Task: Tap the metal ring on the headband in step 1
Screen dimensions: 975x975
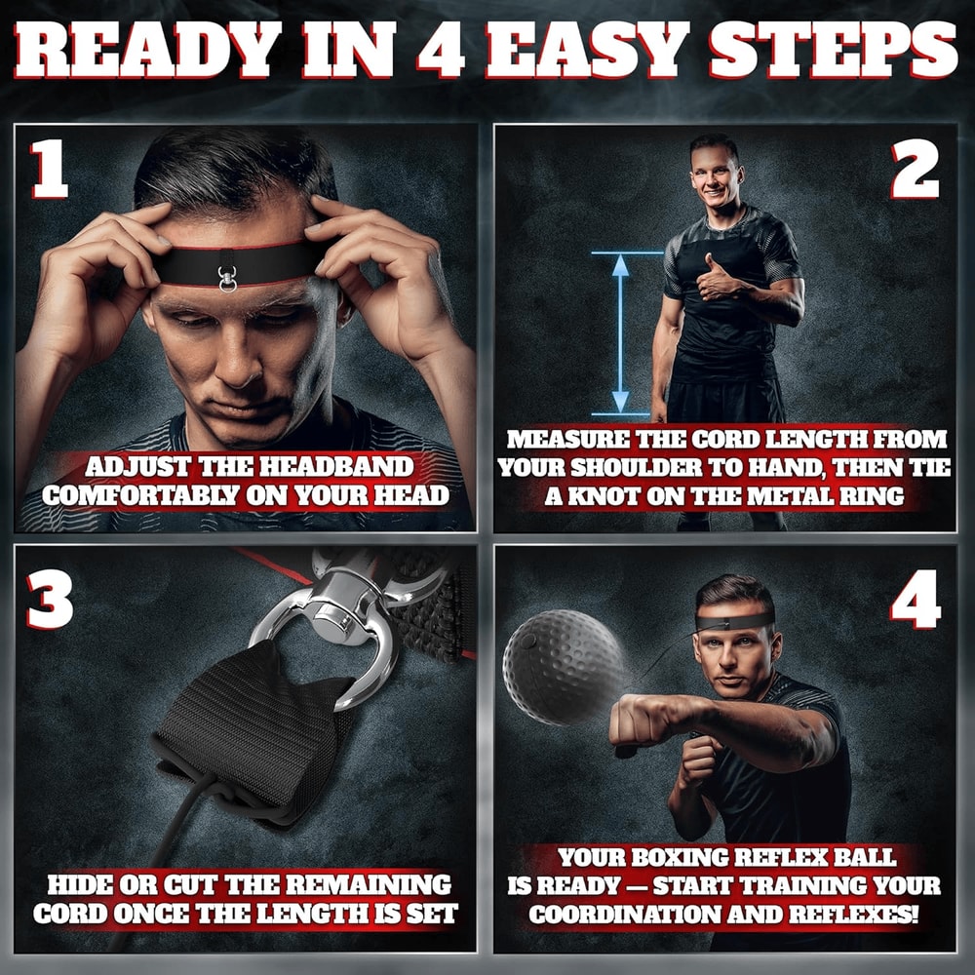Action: pyautogui.click(x=227, y=279)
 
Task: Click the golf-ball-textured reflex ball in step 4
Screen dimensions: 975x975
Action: pyautogui.click(x=563, y=667)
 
